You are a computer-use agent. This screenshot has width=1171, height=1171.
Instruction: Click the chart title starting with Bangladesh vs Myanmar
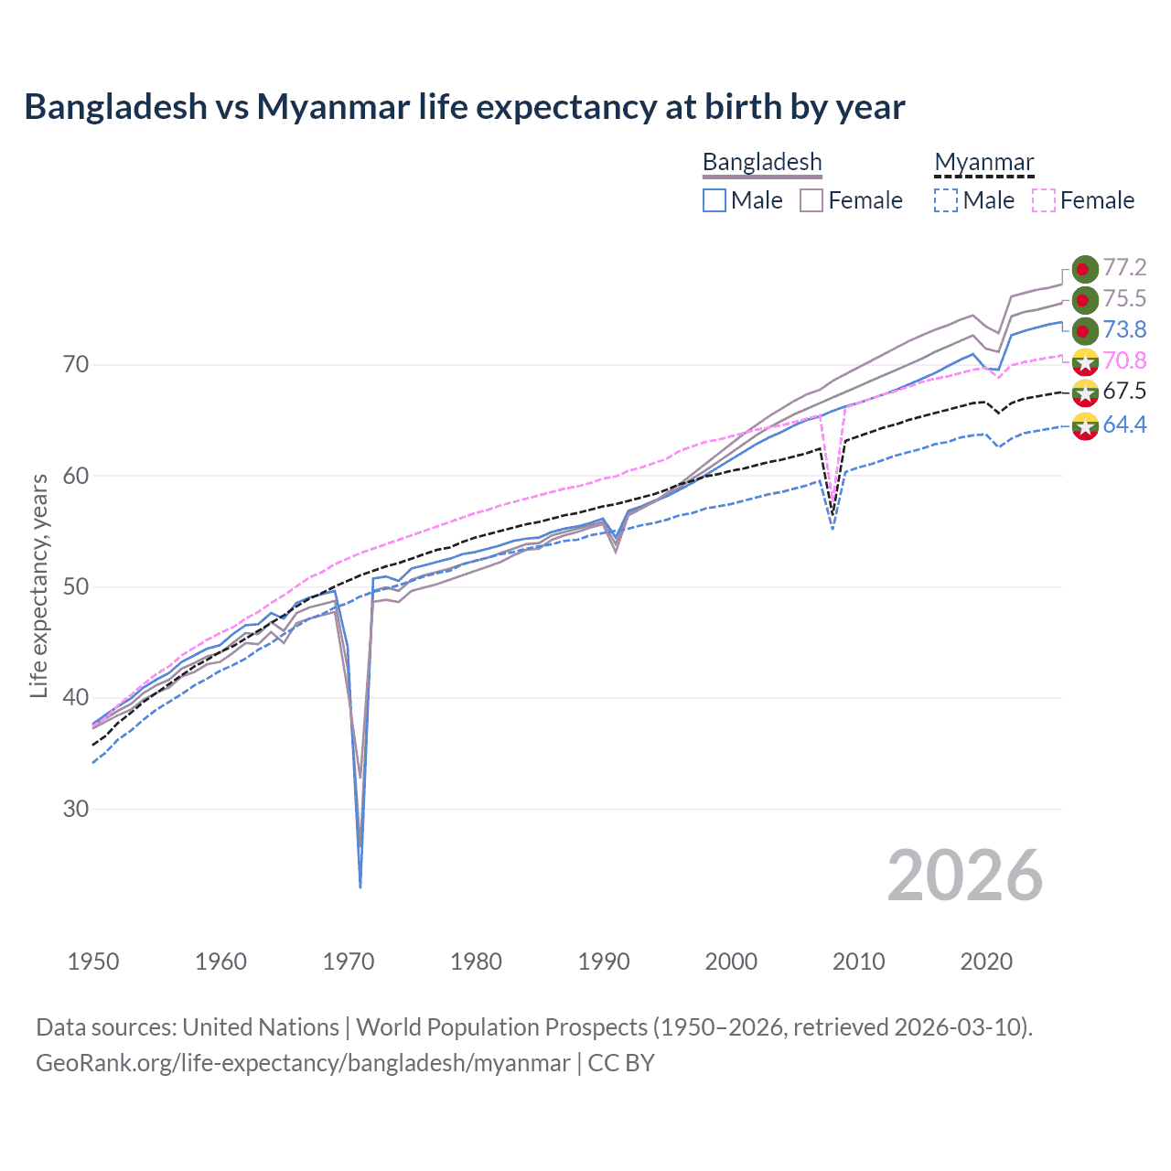point(465,107)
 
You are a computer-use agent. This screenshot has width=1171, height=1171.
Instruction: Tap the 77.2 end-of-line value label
point(1124,267)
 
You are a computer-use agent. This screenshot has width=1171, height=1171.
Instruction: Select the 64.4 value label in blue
point(1124,424)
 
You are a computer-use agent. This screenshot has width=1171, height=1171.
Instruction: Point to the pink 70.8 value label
point(1124,360)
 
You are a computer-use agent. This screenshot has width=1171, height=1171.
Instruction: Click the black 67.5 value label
point(1124,392)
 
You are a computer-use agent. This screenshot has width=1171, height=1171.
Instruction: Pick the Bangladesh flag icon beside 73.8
point(1085,330)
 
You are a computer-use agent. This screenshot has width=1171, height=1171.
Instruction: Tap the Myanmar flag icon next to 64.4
point(1085,425)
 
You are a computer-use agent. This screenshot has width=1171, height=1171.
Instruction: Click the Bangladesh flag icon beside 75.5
point(1085,299)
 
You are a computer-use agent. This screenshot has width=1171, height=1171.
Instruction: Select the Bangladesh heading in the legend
point(762,162)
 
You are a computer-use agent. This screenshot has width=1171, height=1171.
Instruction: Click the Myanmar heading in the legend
point(983,162)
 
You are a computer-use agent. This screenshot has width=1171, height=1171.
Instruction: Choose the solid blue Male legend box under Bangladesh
point(714,200)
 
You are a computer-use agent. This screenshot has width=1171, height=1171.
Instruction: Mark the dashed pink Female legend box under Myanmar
point(1044,200)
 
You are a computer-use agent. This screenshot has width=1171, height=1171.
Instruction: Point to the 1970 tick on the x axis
point(349,962)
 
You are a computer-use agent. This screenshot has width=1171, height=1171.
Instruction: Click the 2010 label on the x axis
point(858,962)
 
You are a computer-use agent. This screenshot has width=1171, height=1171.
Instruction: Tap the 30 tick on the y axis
point(76,809)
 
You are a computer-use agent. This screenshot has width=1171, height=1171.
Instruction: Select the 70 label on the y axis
point(76,364)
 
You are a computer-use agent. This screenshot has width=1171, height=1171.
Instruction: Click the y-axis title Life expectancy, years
point(38,585)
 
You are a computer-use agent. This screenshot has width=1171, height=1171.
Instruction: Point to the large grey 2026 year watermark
point(964,876)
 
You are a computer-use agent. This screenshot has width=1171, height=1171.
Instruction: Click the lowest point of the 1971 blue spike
point(360,886)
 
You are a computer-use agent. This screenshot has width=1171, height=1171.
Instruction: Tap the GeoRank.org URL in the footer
point(303,1063)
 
